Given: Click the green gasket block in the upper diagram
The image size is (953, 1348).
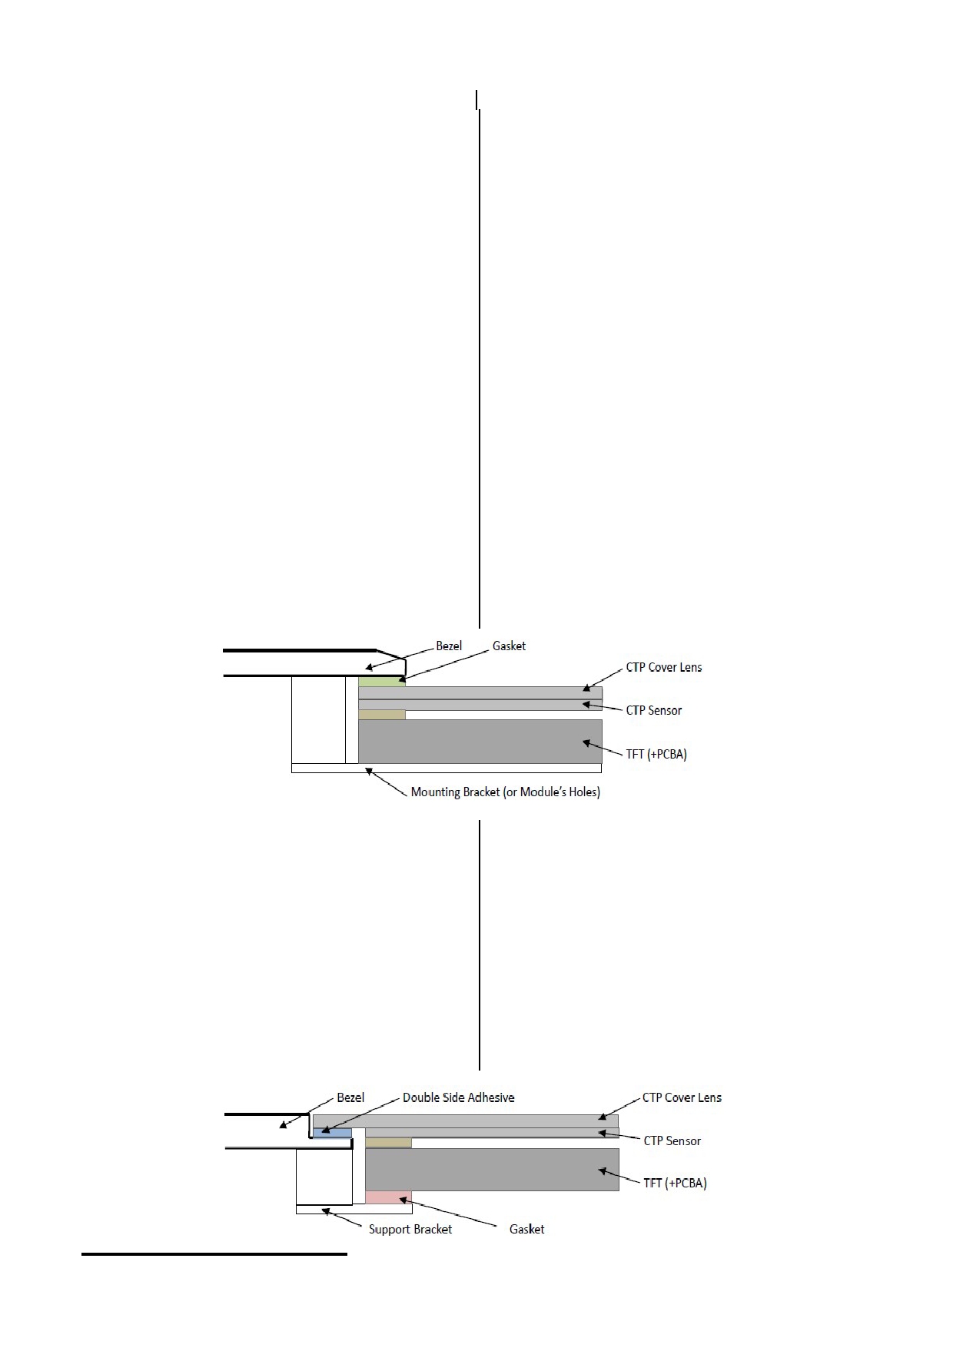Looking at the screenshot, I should (x=381, y=682).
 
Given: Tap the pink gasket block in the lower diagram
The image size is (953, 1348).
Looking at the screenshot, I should (x=388, y=1197).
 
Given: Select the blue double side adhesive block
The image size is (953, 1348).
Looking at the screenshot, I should (x=332, y=1133).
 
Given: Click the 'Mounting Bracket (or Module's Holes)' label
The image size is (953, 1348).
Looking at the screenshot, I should (x=505, y=792).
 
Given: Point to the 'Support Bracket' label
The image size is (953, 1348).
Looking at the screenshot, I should (x=410, y=1229).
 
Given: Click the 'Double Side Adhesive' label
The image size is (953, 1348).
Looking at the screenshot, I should (x=459, y=1097).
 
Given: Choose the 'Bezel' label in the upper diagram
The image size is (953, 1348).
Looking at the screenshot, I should (x=449, y=646).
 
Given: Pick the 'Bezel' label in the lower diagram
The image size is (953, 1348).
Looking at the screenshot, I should (x=350, y=1097).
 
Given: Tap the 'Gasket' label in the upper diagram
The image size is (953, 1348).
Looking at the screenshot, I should (x=509, y=646).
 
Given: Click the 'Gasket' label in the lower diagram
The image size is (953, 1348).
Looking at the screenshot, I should (x=526, y=1229).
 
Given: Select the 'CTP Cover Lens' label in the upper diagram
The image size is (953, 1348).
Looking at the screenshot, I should (x=664, y=667).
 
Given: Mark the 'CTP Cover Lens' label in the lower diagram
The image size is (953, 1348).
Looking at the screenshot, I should (x=682, y=1097).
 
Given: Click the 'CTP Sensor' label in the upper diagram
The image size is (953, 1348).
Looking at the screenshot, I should (x=654, y=710).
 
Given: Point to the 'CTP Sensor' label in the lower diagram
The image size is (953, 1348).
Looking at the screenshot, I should (x=672, y=1140).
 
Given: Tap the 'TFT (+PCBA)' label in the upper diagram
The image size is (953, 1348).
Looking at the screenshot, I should (x=656, y=754).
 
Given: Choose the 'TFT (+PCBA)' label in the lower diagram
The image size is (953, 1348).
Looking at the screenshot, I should (x=675, y=1183).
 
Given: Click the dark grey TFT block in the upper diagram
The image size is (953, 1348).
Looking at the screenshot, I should (x=480, y=741).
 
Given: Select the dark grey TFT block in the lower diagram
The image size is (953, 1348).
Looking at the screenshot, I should (x=492, y=1170).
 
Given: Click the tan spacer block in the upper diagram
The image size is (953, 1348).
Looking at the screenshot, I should (x=382, y=715).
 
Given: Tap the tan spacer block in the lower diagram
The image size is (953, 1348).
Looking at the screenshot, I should (x=388, y=1143).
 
